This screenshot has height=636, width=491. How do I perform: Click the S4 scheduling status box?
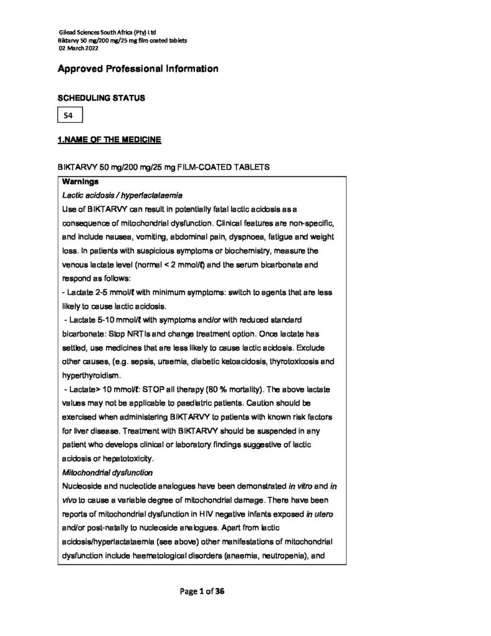(x=69, y=116)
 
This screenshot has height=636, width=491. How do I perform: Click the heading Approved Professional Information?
(x=137, y=69)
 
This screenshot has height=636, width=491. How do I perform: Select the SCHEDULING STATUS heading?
(x=101, y=98)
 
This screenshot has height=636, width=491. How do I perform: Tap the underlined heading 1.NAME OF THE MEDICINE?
(x=109, y=141)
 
